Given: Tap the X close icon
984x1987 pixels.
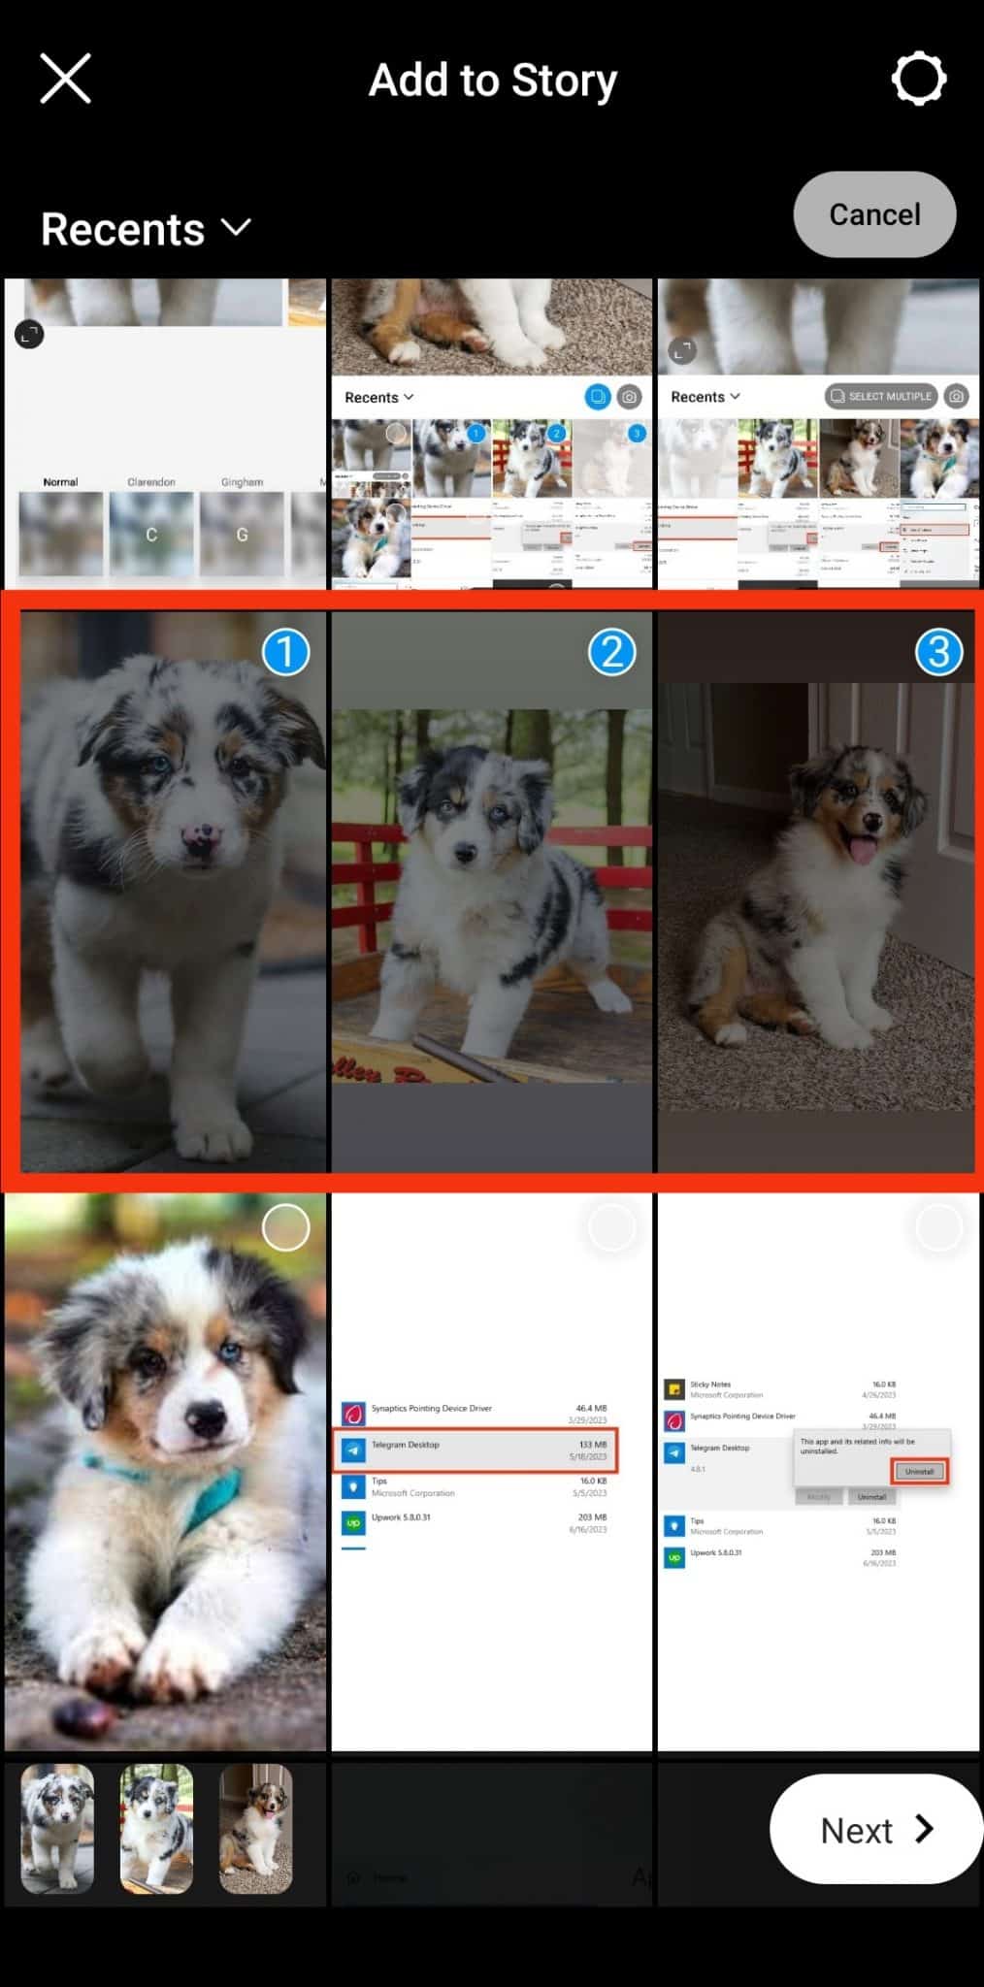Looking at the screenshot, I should pos(65,79).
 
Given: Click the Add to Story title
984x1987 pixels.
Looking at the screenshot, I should pos(492,81).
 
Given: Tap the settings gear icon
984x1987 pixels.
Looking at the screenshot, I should pos(918,79).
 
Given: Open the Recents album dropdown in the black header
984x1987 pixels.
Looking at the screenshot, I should pos(146,229).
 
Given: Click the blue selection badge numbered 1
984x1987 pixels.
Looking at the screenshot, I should pos(285,652).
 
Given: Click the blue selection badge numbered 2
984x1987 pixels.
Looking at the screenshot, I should pos(611,652).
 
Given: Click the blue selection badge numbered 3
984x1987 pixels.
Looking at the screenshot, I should pos(938,652).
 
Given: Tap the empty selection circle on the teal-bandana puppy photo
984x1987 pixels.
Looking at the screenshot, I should pos(285,1228).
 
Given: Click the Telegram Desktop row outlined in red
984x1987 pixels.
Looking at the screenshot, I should pos(476,1450).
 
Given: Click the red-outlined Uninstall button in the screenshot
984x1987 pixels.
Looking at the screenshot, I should pos(918,1471).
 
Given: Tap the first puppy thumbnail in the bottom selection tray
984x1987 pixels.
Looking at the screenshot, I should pos(58,1829).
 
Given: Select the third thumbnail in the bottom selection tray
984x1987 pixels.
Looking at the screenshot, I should pos(255,1829).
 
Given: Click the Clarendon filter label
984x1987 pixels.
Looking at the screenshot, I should pos(151,482).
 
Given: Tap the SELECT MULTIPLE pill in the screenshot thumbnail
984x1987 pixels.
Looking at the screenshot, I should pos(880,396).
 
